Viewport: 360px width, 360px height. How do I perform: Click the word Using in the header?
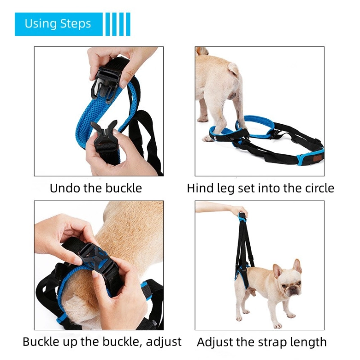pos(41,24)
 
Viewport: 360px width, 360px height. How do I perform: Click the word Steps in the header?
pos(76,24)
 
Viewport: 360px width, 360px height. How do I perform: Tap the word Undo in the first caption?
pos(65,188)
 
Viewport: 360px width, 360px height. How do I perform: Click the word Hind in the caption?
pos(199,188)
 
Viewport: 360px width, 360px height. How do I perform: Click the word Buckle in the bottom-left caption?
pos(40,342)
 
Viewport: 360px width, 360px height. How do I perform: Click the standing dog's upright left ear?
pos(297,266)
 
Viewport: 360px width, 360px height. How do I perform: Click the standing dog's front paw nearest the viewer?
pos(277,325)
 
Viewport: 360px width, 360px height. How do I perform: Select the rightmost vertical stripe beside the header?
pos(128,24)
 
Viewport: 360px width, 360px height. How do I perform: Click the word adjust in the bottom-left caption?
pos(164,342)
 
